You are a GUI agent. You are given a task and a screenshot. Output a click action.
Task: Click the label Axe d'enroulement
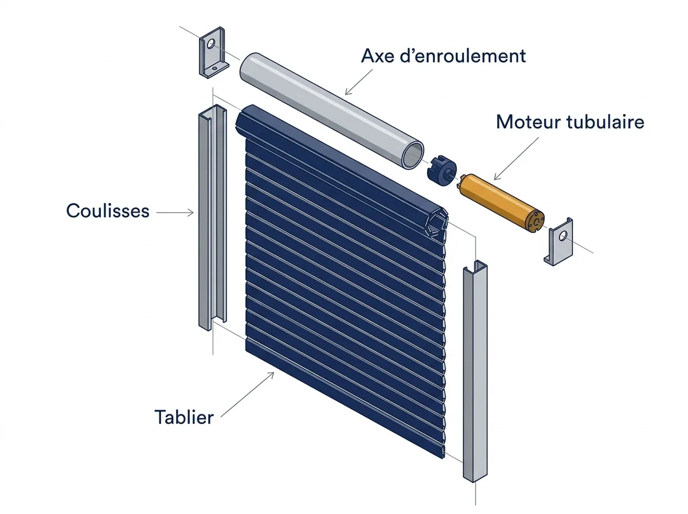[x=443, y=56]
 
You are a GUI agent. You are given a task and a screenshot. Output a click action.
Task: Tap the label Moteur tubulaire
[x=570, y=122]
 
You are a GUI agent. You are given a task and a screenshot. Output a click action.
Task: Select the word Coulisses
[x=108, y=211]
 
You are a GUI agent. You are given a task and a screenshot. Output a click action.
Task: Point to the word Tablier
[x=184, y=418]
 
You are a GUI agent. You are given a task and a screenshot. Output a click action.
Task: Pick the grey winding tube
[x=331, y=110]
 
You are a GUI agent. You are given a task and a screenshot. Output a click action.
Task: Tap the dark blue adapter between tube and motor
[x=441, y=170]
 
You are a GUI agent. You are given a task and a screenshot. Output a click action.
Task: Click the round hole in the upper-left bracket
[x=211, y=44]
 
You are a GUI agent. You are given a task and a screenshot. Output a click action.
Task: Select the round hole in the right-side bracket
[x=563, y=236]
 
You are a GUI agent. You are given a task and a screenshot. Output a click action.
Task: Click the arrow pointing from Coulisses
[x=175, y=213]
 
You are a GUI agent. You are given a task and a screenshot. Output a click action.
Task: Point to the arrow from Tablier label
[x=247, y=395]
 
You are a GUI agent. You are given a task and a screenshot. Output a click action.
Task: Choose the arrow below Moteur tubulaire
[x=516, y=159]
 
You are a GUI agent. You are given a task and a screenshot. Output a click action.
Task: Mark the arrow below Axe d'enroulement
[x=358, y=82]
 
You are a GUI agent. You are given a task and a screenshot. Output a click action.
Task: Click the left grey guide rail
[x=213, y=217]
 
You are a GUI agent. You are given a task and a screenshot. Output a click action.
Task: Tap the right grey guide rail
[x=475, y=371]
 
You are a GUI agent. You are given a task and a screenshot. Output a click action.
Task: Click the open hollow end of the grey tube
[x=413, y=155]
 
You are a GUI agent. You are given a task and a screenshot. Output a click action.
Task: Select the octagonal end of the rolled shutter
[x=436, y=223]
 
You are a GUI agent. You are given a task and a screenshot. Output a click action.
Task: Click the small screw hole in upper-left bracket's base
[x=214, y=68]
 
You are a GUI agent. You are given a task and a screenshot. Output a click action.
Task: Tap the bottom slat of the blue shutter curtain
[x=345, y=400]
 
